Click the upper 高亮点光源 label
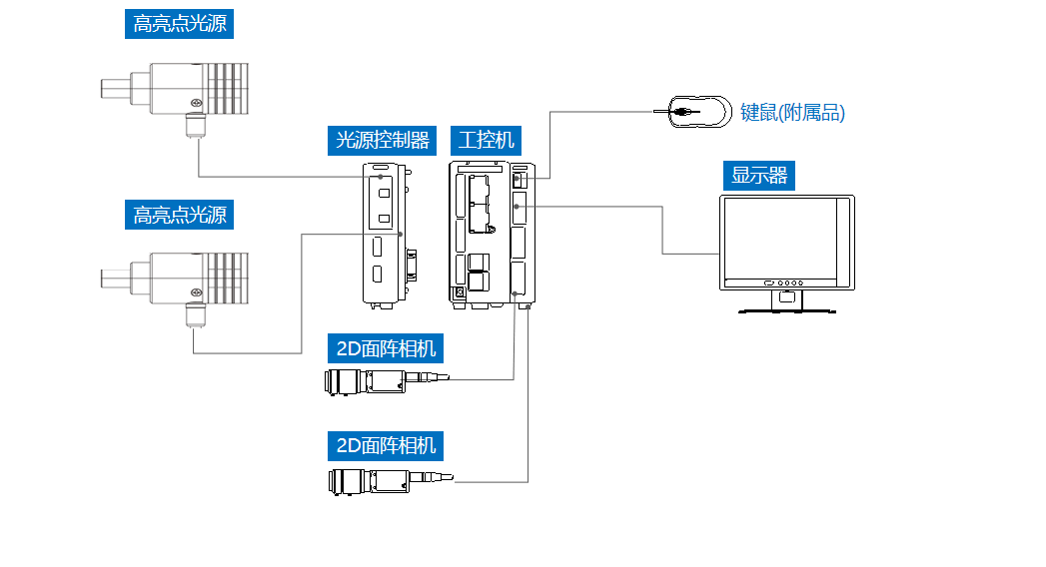(x=180, y=24)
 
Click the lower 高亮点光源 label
(x=180, y=214)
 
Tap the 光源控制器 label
(x=383, y=140)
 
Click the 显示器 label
(x=759, y=177)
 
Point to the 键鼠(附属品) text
(x=792, y=112)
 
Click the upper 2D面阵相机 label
(x=387, y=348)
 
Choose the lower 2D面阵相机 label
(x=387, y=444)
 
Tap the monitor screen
(x=784, y=238)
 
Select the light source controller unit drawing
(x=383, y=234)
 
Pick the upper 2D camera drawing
(x=375, y=380)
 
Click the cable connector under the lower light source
(x=195, y=315)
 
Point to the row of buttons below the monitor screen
(x=786, y=283)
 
